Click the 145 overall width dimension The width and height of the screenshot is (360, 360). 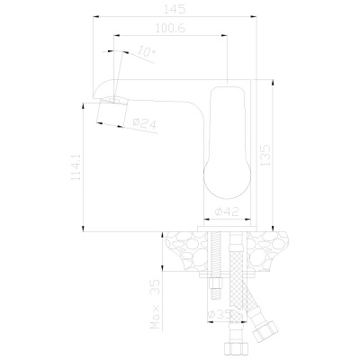pyautogui.click(x=176, y=10)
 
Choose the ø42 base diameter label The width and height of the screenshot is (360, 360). pyautogui.click(x=229, y=212)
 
